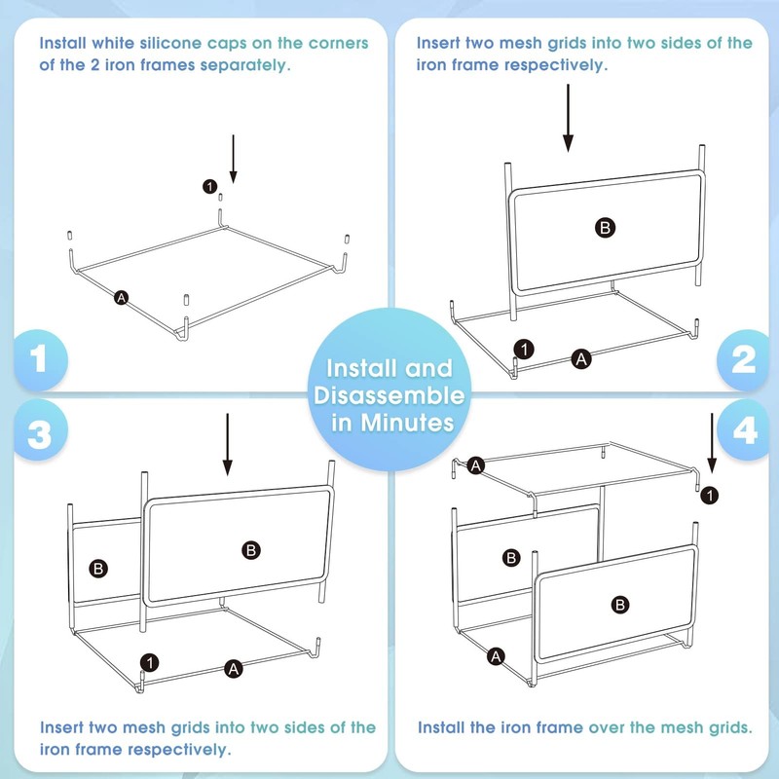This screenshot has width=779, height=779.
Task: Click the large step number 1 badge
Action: click(40, 359)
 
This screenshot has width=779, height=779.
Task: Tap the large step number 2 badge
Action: click(743, 359)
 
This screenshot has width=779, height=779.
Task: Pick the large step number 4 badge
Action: click(744, 430)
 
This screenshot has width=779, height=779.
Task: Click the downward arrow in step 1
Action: click(233, 159)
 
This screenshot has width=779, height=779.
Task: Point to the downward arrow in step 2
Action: click(568, 118)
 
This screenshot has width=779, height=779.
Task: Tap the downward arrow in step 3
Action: click(228, 444)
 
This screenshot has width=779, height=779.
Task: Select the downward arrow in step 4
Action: click(712, 443)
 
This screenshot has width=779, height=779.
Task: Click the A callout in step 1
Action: click(121, 298)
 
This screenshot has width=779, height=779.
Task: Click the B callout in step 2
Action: click(605, 228)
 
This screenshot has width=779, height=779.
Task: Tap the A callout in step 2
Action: click(581, 358)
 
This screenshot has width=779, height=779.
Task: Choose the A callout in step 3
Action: click(234, 669)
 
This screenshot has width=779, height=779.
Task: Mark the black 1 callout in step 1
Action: click(209, 186)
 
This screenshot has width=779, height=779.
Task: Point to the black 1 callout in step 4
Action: click(710, 496)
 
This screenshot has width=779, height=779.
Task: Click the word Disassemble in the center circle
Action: click(389, 395)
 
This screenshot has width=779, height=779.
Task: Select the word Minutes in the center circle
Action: click(407, 423)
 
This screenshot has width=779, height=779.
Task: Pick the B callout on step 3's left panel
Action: click(98, 569)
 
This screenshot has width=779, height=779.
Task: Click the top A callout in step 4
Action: click(476, 465)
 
